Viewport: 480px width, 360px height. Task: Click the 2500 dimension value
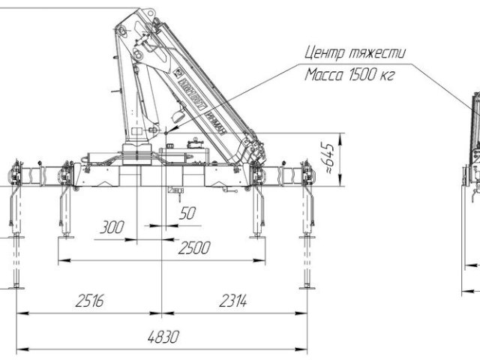[x=193, y=247]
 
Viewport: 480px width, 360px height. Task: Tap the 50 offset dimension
[x=187, y=214]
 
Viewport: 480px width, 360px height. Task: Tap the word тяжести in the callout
[x=379, y=54]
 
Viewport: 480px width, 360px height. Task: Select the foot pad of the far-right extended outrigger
[x=307, y=286]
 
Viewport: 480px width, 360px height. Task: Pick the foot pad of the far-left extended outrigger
[x=15, y=286]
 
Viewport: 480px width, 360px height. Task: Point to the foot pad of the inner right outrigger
[x=256, y=235]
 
